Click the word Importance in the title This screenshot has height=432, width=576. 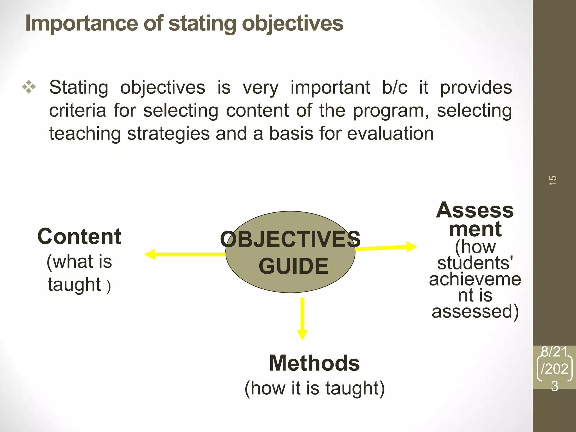[x=82, y=24]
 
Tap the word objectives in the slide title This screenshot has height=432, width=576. [x=292, y=24]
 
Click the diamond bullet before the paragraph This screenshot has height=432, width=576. [x=29, y=87]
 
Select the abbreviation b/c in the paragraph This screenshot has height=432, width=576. [x=395, y=87]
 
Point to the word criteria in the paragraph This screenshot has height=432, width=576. [x=78, y=111]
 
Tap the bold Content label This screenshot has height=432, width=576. [x=79, y=237]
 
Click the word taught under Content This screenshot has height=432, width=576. [x=74, y=285]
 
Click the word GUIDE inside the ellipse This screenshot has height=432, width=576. [x=293, y=266]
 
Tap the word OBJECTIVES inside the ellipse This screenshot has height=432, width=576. [x=290, y=239]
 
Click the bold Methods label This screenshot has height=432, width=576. [x=314, y=363]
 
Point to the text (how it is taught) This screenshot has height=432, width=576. [x=314, y=388]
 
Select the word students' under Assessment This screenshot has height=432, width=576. [x=475, y=263]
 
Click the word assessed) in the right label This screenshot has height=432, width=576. [x=475, y=312]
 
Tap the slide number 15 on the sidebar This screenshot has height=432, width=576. [x=553, y=180]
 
